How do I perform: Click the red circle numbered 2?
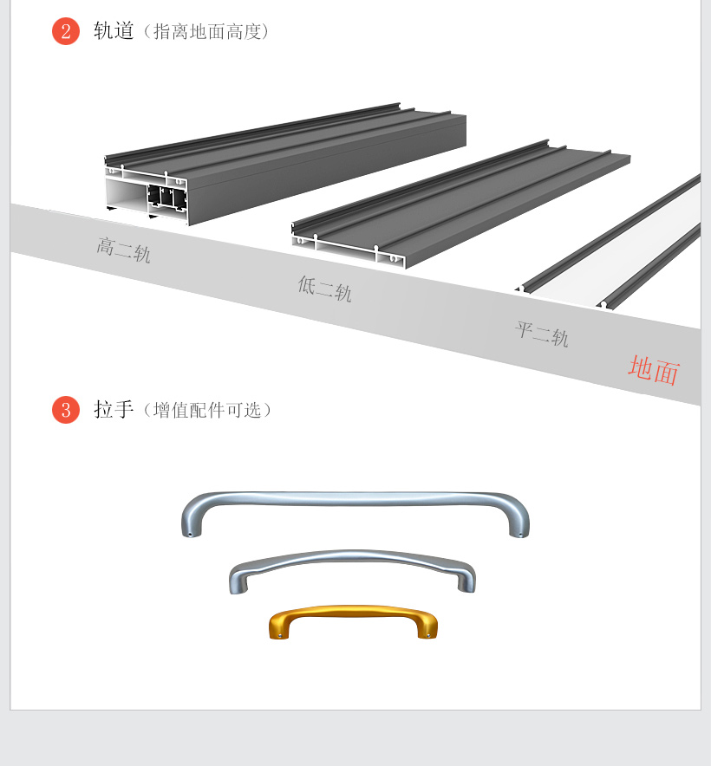pos(66,31)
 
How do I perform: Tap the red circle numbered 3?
pos(66,409)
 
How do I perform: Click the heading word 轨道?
pos(114,31)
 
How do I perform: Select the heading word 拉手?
pos(114,409)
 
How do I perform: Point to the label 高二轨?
pos(123,250)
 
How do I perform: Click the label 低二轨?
pos(324,289)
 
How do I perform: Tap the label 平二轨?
pos(541,334)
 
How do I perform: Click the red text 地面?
pos(654,370)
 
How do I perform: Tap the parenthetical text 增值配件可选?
pos(207,411)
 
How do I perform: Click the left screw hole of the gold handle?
pos(280,635)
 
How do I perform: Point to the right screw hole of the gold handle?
pos(429,635)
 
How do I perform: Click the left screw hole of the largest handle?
pos(190,534)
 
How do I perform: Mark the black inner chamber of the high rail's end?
pos(167,198)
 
